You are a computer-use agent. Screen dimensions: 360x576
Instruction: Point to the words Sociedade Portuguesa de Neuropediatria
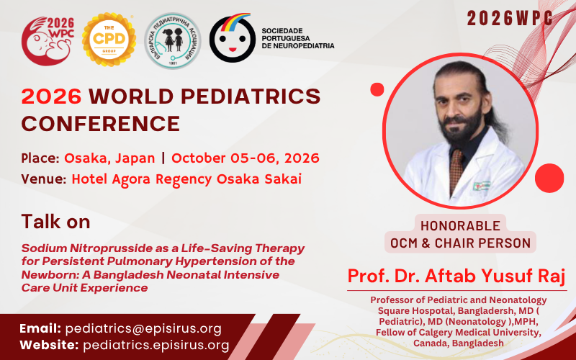tap(297, 39)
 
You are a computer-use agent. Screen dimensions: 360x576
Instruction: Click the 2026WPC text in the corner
tap(510, 19)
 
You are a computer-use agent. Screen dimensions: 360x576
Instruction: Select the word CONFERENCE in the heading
tap(100, 123)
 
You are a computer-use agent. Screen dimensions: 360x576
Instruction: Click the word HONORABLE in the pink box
tap(461, 225)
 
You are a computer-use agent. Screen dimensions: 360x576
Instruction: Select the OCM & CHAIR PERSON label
tap(461, 243)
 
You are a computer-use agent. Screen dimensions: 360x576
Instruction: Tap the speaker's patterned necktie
tap(456, 170)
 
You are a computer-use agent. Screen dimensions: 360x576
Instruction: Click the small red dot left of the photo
tap(377, 89)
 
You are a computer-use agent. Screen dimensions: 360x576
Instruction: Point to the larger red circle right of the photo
tap(549, 177)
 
